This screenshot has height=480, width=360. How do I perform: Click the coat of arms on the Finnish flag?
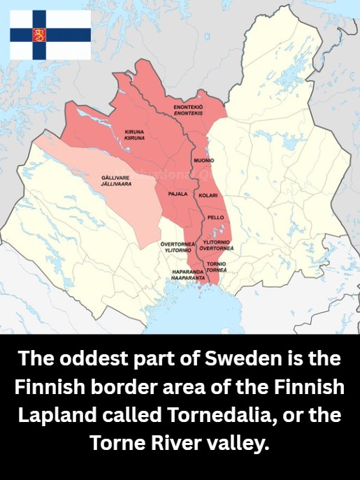(40, 34)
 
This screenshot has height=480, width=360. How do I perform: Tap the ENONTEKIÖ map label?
(188, 106)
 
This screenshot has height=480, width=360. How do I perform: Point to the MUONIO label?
(203, 161)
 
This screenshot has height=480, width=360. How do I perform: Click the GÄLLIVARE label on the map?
(115, 177)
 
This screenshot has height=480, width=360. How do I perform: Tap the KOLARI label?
(208, 195)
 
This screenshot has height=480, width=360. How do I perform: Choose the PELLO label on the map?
(216, 217)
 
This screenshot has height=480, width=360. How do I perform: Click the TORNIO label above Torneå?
(216, 263)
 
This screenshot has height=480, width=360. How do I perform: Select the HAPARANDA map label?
(187, 271)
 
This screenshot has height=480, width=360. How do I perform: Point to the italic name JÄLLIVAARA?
(116, 184)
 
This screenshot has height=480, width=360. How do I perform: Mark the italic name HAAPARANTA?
(188, 277)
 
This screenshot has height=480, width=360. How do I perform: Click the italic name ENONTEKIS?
(188, 112)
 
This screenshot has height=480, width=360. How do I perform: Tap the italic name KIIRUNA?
(134, 138)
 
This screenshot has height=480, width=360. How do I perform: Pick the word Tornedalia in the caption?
(222, 414)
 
